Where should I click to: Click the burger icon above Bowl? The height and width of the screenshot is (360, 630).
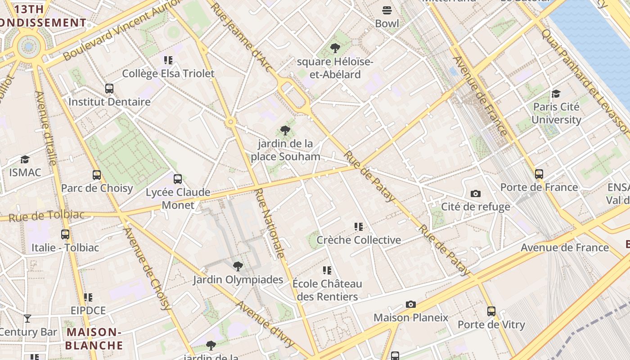387,10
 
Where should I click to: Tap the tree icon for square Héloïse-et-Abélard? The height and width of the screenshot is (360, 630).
335,48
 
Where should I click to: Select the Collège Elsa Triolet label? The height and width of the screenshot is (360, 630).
168,73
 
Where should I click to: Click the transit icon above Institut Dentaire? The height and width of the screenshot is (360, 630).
109,88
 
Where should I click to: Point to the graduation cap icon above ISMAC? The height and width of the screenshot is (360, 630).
25,159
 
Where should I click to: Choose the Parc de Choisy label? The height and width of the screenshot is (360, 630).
97,188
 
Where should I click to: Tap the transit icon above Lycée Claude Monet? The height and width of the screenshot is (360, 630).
178,179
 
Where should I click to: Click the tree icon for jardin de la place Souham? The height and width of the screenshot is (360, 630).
285,130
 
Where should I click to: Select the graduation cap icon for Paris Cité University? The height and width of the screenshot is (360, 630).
556,94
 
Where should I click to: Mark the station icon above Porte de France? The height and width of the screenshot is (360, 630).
539,174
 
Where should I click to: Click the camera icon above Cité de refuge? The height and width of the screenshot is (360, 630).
475,193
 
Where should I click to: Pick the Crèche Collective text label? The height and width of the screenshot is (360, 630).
359,240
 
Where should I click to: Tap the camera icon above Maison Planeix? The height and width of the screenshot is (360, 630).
410,304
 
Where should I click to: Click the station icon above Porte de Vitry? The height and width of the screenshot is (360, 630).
491,311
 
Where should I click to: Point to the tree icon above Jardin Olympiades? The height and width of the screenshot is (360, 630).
238,266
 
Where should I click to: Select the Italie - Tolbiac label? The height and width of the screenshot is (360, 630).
65,247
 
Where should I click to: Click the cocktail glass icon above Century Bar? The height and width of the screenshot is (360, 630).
27,319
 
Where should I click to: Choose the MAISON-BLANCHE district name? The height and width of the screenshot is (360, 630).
94,339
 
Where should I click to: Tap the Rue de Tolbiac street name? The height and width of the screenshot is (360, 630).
46,216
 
